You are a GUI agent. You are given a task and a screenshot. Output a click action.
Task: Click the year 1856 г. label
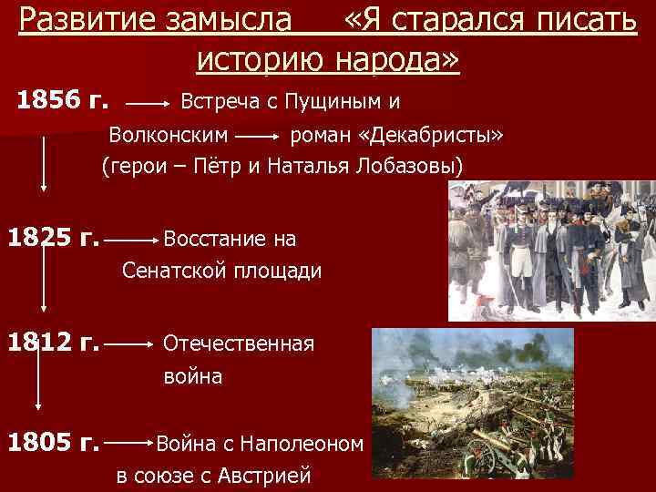[x=62, y=100]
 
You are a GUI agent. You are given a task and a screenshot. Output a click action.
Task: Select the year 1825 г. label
[x=53, y=240]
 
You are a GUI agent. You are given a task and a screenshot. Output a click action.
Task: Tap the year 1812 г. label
[x=53, y=344]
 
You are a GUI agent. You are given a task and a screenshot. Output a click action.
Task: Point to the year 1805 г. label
[x=53, y=444]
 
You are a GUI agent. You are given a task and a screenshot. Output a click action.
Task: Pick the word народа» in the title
[x=401, y=59]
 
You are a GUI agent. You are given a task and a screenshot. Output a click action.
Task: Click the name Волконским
[x=169, y=136]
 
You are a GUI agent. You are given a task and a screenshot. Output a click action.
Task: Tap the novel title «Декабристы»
[x=432, y=136]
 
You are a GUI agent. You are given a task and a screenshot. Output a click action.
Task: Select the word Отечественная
[x=238, y=344]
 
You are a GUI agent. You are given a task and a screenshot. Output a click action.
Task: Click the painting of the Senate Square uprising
[x=551, y=250]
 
